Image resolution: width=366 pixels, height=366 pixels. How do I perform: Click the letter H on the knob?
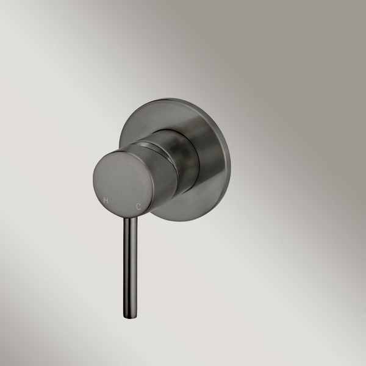106,200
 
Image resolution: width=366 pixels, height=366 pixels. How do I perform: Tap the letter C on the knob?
140,207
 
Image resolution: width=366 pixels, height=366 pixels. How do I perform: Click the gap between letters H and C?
123,204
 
